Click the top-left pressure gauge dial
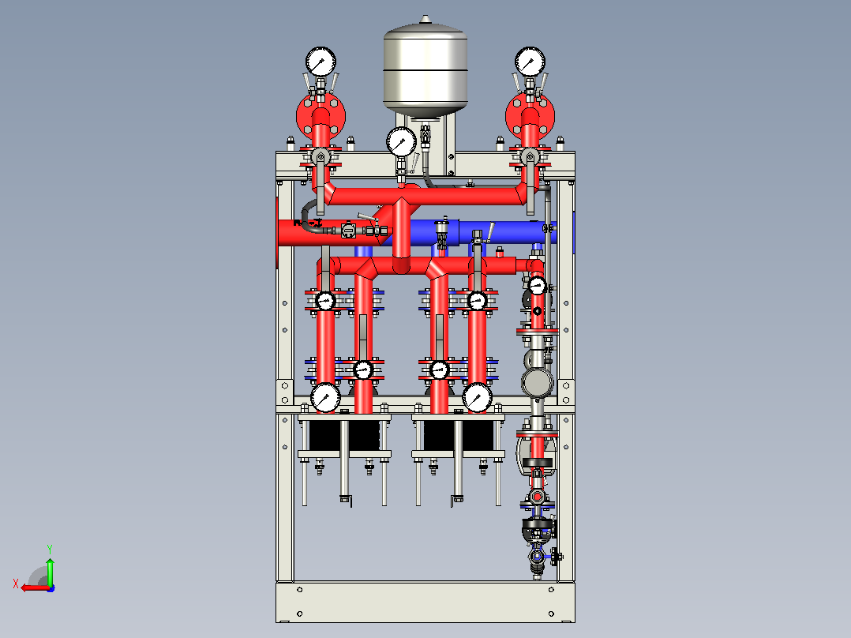pyautogui.click(x=321, y=62)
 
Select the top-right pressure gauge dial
pyautogui.click(x=530, y=62)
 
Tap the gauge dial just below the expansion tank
pyautogui.click(x=402, y=142)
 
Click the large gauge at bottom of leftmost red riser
pyautogui.click(x=325, y=398)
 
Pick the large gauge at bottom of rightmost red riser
pyautogui.click(x=477, y=398)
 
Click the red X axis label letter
pyautogui.click(x=16, y=584)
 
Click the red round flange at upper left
pyautogui.click(x=321, y=116)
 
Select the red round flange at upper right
pyautogui.click(x=530, y=116)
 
